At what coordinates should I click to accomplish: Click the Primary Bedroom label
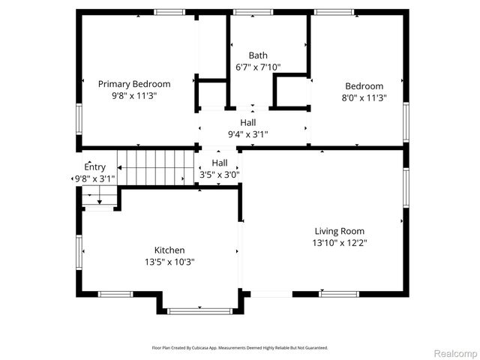134,84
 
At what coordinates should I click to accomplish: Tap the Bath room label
258,55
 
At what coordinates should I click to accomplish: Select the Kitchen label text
169,250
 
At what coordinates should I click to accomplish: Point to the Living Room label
339,231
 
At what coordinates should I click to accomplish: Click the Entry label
94,167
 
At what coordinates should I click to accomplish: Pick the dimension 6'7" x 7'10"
259,67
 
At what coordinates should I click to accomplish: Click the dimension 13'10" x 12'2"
340,243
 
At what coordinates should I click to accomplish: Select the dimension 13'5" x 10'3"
169,262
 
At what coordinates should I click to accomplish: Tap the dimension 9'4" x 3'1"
248,134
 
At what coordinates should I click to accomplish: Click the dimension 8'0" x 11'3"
364,97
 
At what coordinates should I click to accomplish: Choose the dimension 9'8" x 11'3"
134,96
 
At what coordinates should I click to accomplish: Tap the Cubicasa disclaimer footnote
240,348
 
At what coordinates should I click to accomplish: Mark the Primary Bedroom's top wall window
169,12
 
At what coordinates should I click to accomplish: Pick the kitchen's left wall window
77,251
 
